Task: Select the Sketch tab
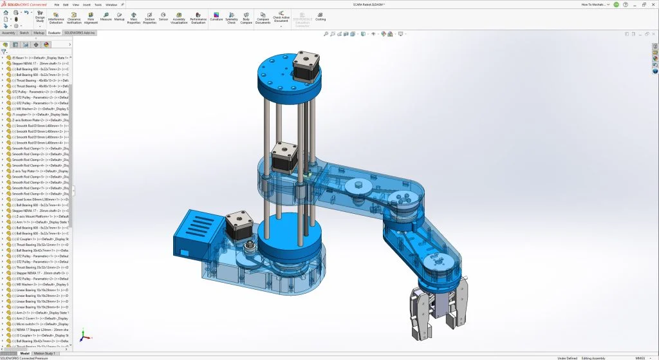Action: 24,32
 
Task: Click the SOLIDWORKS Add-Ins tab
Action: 80,32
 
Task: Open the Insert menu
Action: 86,4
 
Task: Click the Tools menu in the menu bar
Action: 98,4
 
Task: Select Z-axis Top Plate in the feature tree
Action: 35,171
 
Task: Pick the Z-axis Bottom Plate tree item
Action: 35,120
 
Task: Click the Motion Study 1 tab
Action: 45,353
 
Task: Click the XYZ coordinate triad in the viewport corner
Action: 84,336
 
